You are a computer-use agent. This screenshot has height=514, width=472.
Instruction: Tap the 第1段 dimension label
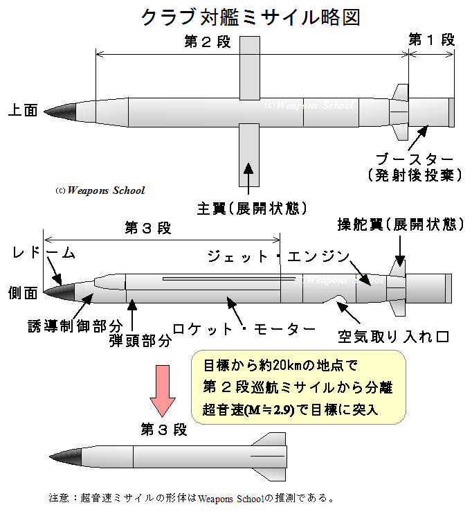point(431,40)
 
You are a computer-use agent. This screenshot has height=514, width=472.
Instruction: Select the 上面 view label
point(22,109)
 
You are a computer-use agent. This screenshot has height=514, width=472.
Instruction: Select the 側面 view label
point(21,291)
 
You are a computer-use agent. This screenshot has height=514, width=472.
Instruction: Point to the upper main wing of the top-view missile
point(249,66)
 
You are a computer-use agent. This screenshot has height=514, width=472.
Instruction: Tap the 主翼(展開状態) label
point(251,209)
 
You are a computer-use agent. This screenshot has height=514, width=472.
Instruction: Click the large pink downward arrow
point(164,389)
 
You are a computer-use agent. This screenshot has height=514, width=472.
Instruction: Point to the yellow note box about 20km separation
point(298,387)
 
